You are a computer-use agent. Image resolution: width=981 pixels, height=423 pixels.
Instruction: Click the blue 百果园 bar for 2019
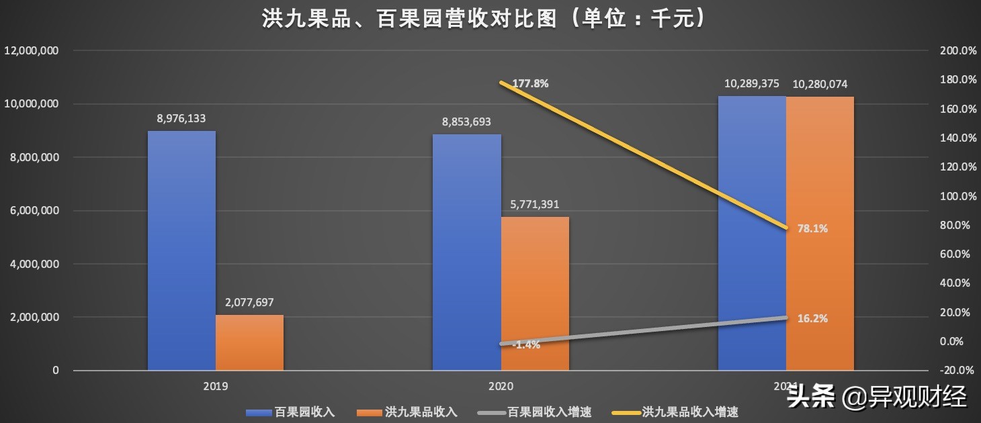coord(181,250)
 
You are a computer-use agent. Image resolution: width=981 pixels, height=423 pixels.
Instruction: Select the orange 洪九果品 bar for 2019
coord(249,342)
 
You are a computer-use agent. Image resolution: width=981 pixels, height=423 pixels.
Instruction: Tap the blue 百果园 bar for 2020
coord(466,252)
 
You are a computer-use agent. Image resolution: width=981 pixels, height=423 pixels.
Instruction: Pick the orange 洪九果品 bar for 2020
coord(535,293)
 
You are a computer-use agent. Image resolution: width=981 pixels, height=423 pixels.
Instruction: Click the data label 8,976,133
coord(181,118)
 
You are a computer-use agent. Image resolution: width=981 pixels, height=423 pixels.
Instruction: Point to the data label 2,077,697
coord(249,302)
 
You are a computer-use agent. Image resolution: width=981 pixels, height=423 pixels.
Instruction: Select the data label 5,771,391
coord(535,204)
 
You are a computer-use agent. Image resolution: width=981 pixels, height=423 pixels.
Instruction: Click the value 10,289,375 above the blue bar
coord(751,84)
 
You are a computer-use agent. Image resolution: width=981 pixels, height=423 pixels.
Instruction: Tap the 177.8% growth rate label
coord(530,84)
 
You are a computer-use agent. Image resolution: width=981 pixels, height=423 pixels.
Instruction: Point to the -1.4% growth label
coord(525,344)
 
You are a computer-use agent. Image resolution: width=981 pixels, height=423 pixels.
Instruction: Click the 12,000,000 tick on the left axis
coord(32,51)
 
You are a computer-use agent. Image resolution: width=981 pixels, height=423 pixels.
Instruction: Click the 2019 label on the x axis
coord(216,387)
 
